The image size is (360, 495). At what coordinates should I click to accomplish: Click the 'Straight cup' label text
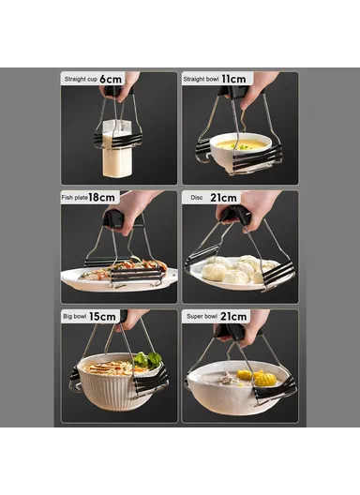click(80, 80)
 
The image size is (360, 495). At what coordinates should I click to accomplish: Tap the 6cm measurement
click(110, 79)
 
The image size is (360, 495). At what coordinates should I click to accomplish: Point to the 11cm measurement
click(234, 79)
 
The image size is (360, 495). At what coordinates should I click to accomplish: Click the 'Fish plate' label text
click(75, 199)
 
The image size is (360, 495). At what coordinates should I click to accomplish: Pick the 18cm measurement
click(102, 198)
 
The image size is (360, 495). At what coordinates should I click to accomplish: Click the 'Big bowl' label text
click(75, 318)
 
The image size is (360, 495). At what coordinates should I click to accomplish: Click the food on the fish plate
click(122, 269)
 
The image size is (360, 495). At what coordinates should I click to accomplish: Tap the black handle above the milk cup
click(113, 92)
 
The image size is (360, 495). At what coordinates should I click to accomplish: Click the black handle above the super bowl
click(231, 331)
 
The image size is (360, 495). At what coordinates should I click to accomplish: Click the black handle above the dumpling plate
click(235, 216)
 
